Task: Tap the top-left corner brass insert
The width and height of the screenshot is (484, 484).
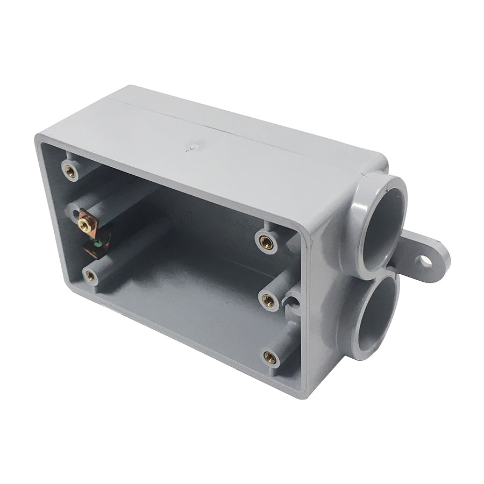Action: pos(69,171)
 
